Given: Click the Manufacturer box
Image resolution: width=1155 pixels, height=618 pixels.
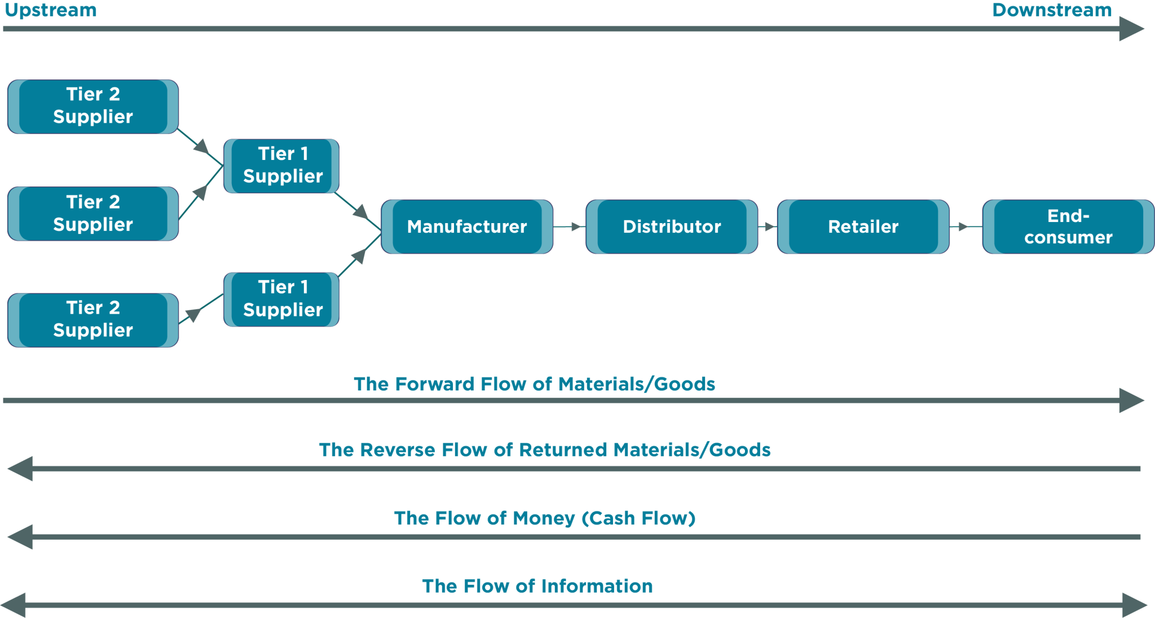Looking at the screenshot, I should [x=467, y=226].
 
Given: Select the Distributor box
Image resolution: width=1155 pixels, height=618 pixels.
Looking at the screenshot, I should [x=672, y=226].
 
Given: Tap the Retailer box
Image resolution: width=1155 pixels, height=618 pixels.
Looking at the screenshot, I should [x=863, y=226].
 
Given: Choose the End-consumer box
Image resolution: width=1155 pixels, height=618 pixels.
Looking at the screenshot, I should [x=1068, y=226].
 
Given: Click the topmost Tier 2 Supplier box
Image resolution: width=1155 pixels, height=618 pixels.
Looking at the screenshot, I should [x=93, y=106].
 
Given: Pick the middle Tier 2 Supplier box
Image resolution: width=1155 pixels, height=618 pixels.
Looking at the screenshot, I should [x=93, y=214].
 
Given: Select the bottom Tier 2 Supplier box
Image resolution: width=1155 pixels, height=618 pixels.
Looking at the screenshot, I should [x=93, y=319].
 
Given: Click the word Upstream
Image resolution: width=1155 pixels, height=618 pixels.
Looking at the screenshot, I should [x=51, y=10].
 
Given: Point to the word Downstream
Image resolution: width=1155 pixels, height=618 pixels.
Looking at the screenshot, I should [x=1052, y=10].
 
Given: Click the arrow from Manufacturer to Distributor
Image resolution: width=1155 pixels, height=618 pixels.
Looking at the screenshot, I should [x=570, y=226].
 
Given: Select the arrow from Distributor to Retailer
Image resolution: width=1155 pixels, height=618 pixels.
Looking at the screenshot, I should [x=768, y=226].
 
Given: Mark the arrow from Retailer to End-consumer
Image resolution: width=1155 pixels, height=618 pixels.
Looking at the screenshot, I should [x=965, y=226].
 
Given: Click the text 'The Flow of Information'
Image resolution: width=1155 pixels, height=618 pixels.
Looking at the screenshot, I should [x=537, y=586].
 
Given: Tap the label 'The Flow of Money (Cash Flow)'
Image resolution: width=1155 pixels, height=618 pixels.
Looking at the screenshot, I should [x=544, y=518].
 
